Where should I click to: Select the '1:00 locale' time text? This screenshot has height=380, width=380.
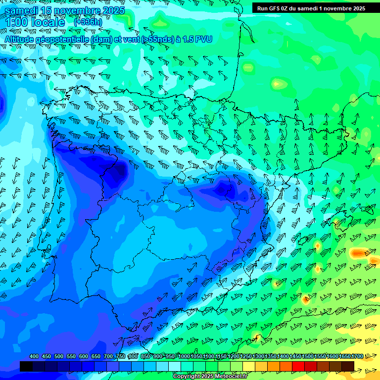(x=35, y=23)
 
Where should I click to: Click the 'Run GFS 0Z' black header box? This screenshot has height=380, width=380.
(x=311, y=8)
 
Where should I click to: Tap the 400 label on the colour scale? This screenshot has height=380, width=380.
(x=34, y=356)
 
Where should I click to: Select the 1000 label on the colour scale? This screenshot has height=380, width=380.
(x=184, y=356)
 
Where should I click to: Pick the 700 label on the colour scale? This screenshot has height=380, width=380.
(x=108, y=356)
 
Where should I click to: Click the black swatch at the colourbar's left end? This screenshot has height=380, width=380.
(x=26, y=366)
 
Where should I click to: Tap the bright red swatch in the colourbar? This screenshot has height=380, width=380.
(x=298, y=366)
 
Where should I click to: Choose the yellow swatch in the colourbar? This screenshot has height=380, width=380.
(x=249, y=366)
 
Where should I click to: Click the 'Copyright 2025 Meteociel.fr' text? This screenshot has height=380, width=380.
(x=210, y=377)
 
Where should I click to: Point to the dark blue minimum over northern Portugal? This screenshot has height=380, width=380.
(x=118, y=171)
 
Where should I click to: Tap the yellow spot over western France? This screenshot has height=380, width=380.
(x=279, y=83)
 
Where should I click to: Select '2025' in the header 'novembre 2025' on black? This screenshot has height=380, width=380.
(x=356, y=8)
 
